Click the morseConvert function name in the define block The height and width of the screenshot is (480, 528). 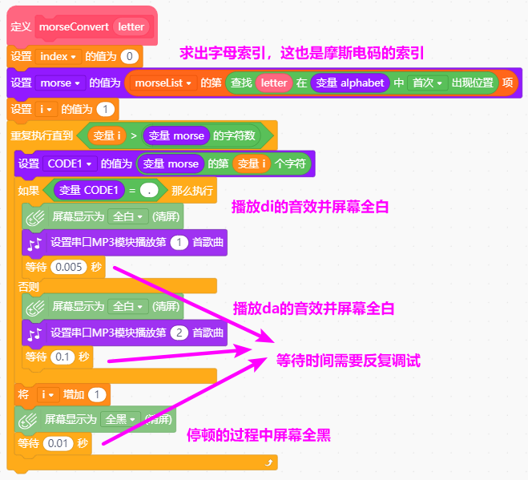coord(74,27)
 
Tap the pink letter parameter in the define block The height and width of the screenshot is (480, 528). coord(131,27)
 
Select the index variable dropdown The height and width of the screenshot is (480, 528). coord(58,56)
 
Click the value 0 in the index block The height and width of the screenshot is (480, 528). coord(130,56)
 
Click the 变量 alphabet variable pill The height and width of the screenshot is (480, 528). coord(350,83)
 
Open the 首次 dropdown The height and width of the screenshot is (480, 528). coord(428,83)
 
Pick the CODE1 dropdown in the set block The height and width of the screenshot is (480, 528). coord(70,163)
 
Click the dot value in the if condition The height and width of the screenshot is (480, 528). coord(149,191)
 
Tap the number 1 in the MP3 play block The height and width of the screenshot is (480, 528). coord(179,243)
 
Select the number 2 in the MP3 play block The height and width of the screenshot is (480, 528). coord(179,333)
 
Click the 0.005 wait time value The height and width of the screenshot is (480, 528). coord(69,267)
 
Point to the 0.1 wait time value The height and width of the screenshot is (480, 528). coord(62,357)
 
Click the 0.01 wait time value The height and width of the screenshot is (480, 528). coord(58,443)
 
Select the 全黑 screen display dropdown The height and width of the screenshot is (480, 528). coord(120,419)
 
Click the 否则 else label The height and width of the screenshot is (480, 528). coord(28,287)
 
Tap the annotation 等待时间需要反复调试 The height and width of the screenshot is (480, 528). coord(349,361)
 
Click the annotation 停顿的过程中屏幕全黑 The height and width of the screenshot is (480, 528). coord(259,435)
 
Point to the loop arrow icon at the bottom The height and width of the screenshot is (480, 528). coord(268,462)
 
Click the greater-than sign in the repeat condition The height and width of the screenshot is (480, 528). coord(134,135)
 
